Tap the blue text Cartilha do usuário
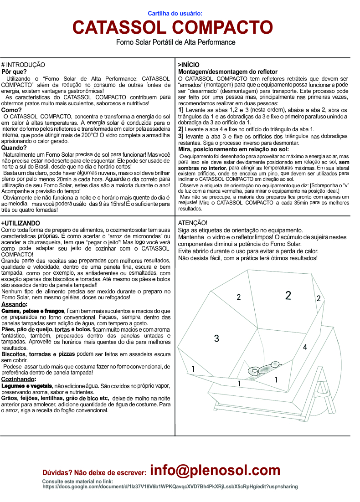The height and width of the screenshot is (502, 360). coord(175,14)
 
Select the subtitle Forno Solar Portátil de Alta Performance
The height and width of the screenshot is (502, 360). coord(175,42)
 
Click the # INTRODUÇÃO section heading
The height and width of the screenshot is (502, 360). coord(23,65)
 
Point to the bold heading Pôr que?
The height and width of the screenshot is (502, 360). coord(14,72)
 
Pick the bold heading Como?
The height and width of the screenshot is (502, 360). coord(12,110)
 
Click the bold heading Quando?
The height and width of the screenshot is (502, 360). coord(15,148)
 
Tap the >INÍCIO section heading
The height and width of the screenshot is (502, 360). coord(189,65)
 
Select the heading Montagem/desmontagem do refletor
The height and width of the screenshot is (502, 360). coord(227,72)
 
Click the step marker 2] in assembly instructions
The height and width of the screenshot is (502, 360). coord(181,129)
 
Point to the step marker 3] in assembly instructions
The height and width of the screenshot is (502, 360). coord(181,136)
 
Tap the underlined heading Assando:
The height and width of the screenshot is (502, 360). coord(15,304)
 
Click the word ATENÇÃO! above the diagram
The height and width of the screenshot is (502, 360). coord(193,223)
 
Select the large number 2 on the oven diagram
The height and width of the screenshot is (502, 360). coord(288,296)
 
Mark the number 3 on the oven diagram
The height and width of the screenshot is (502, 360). coord(216,338)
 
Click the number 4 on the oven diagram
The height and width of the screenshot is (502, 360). coord(305,347)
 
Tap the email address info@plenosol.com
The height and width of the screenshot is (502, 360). coord(215,471)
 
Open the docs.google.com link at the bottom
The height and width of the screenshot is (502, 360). coord(170,487)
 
